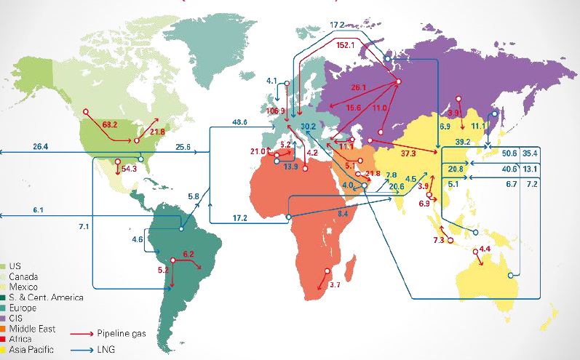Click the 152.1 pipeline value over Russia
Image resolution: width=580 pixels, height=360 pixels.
pyautogui.click(x=347, y=46)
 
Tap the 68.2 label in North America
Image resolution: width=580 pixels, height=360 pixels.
pyautogui.click(x=110, y=124)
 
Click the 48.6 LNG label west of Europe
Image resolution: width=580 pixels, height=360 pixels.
pyautogui.click(x=239, y=121)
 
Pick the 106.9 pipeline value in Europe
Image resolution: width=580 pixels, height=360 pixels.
pyautogui.click(x=277, y=111)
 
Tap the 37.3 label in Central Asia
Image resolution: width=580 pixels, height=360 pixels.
pyautogui.click(x=408, y=153)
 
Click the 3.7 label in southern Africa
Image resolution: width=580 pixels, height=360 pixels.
pyautogui.click(x=335, y=284)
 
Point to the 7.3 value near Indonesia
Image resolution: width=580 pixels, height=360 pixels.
pyautogui.click(x=439, y=240)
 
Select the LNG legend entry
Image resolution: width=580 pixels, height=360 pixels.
pyautogui.click(x=106, y=349)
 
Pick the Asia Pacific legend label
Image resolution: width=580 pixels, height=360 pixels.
pyautogui.click(x=35, y=349)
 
